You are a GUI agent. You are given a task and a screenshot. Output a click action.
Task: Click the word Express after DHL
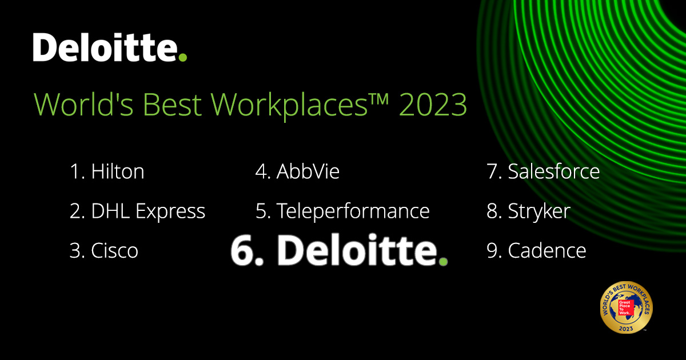point(170,212)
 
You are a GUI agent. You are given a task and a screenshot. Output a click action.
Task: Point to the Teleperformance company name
point(353,211)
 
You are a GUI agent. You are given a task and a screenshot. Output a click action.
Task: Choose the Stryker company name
point(539,211)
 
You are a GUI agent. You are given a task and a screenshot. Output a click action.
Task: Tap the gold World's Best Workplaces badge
point(625,309)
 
